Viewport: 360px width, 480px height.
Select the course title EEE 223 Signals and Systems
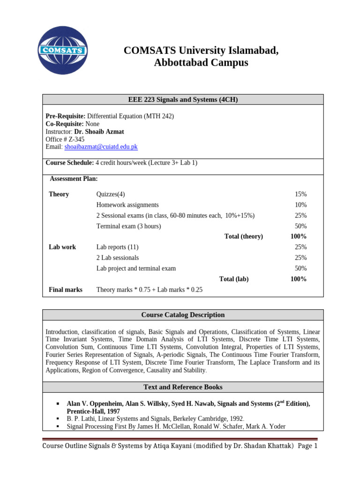point(183,99)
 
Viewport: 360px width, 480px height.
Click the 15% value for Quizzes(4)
point(300,194)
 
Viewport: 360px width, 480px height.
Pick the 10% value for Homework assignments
point(300,205)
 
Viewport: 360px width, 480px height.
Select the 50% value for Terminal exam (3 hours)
point(300,226)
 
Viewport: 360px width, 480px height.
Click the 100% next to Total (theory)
point(299,236)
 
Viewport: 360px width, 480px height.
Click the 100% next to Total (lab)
point(299,279)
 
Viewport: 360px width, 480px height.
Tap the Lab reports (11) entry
point(117,247)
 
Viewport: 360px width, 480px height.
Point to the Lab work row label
point(62,247)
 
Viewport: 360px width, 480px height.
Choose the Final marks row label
point(66,290)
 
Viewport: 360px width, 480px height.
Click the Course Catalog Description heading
point(183,315)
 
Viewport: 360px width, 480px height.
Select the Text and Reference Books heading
point(183,387)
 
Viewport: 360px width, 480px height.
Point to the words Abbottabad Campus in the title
point(201,62)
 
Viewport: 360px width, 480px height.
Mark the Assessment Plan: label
point(74,179)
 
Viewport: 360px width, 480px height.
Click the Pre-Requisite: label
point(65,116)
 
